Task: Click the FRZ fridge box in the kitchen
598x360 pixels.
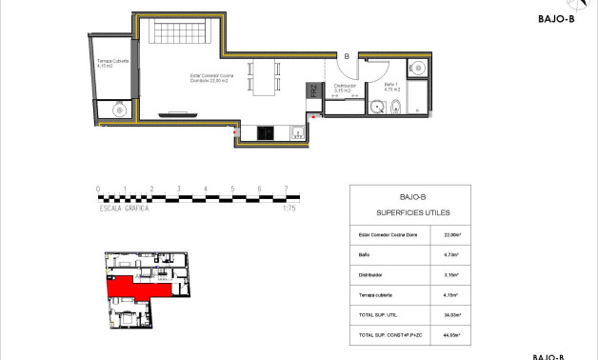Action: pyautogui.click(x=312, y=92)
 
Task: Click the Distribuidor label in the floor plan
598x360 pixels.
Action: pyautogui.click(x=344, y=87)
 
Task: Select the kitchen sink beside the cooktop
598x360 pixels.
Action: pyautogui.click(x=296, y=132)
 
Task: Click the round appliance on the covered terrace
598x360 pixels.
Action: pyautogui.click(x=118, y=110)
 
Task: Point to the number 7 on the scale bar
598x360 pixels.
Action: pyautogui.click(x=287, y=189)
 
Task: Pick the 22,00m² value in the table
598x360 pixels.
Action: pyautogui.click(x=453, y=234)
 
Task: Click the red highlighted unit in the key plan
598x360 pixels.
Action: pyautogui.click(x=129, y=288)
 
